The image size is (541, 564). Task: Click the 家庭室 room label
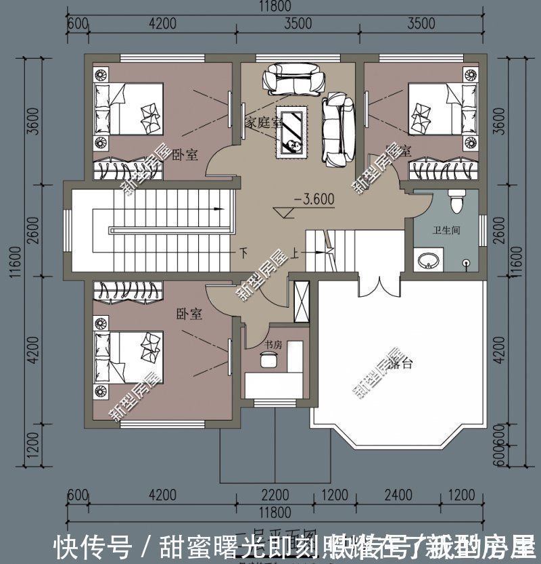pyautogui.click(x=262, y=122)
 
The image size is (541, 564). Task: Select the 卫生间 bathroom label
pyautogui.click(x=446, y=231)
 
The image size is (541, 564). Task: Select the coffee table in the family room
pyautogui.click(x=292, y=132)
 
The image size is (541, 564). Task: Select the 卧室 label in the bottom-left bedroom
pyautogui.click(x=189, y=314)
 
